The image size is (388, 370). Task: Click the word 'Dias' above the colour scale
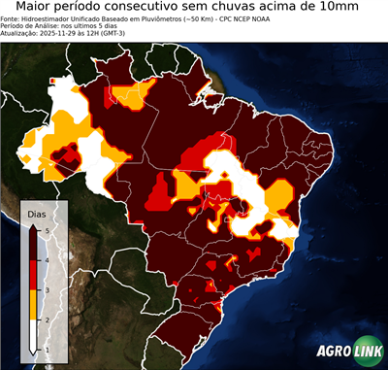[37, 212]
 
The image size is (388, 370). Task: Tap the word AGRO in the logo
[334, 353]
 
